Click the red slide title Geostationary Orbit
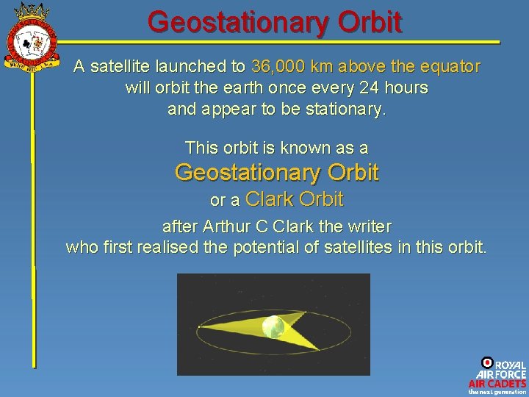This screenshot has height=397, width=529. pos(275,21)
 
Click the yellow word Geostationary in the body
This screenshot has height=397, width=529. pos(237,173)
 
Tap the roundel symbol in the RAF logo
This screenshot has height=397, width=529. pos(487,362)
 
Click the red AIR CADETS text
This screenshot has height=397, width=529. pos(497,383)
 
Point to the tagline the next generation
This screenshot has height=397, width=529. pos(497,392)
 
